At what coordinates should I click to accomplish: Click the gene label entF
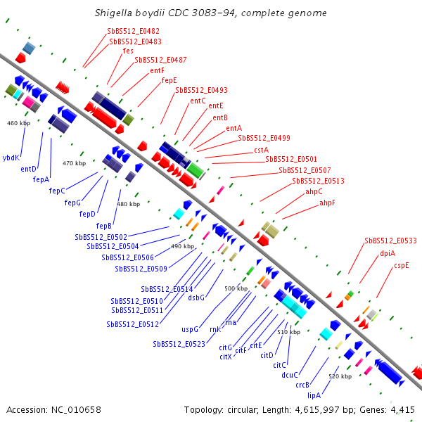coord(157,70)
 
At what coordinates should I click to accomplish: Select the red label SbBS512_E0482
coord(133,31)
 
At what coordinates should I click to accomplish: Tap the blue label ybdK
coord(11,158)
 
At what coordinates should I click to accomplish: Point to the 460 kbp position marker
coord(18,123)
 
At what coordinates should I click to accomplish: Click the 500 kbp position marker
coord(236,288)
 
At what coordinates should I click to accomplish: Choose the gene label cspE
coord(402,266)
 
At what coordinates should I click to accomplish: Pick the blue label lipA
coord(314,395)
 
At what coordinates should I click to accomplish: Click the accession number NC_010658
coord(76,410)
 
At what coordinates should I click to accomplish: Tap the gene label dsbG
coord(196,298)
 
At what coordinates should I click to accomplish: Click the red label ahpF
coord(327,203)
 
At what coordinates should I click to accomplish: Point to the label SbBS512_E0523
coord(179,344)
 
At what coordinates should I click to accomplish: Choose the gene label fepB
coord(103,226)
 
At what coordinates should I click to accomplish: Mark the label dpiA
coord(388,253)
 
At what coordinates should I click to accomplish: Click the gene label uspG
coord(190,329)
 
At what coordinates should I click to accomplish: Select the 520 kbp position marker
coord(340,376)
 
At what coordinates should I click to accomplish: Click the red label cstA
coord(262,150)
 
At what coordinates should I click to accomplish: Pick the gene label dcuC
coord(290,375)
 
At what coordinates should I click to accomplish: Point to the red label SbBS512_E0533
coord(390,241)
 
